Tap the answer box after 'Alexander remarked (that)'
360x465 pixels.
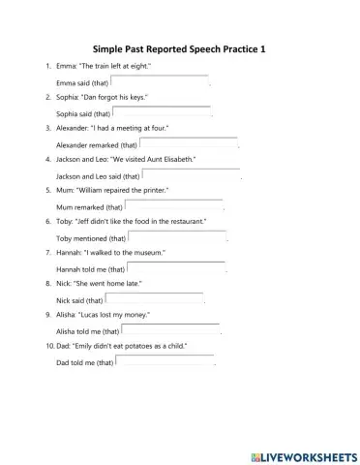click(x=189, y=143)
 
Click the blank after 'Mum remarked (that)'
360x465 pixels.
click(x=174, y=206)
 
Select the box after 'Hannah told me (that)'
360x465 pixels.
click(x=176, y=268)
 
